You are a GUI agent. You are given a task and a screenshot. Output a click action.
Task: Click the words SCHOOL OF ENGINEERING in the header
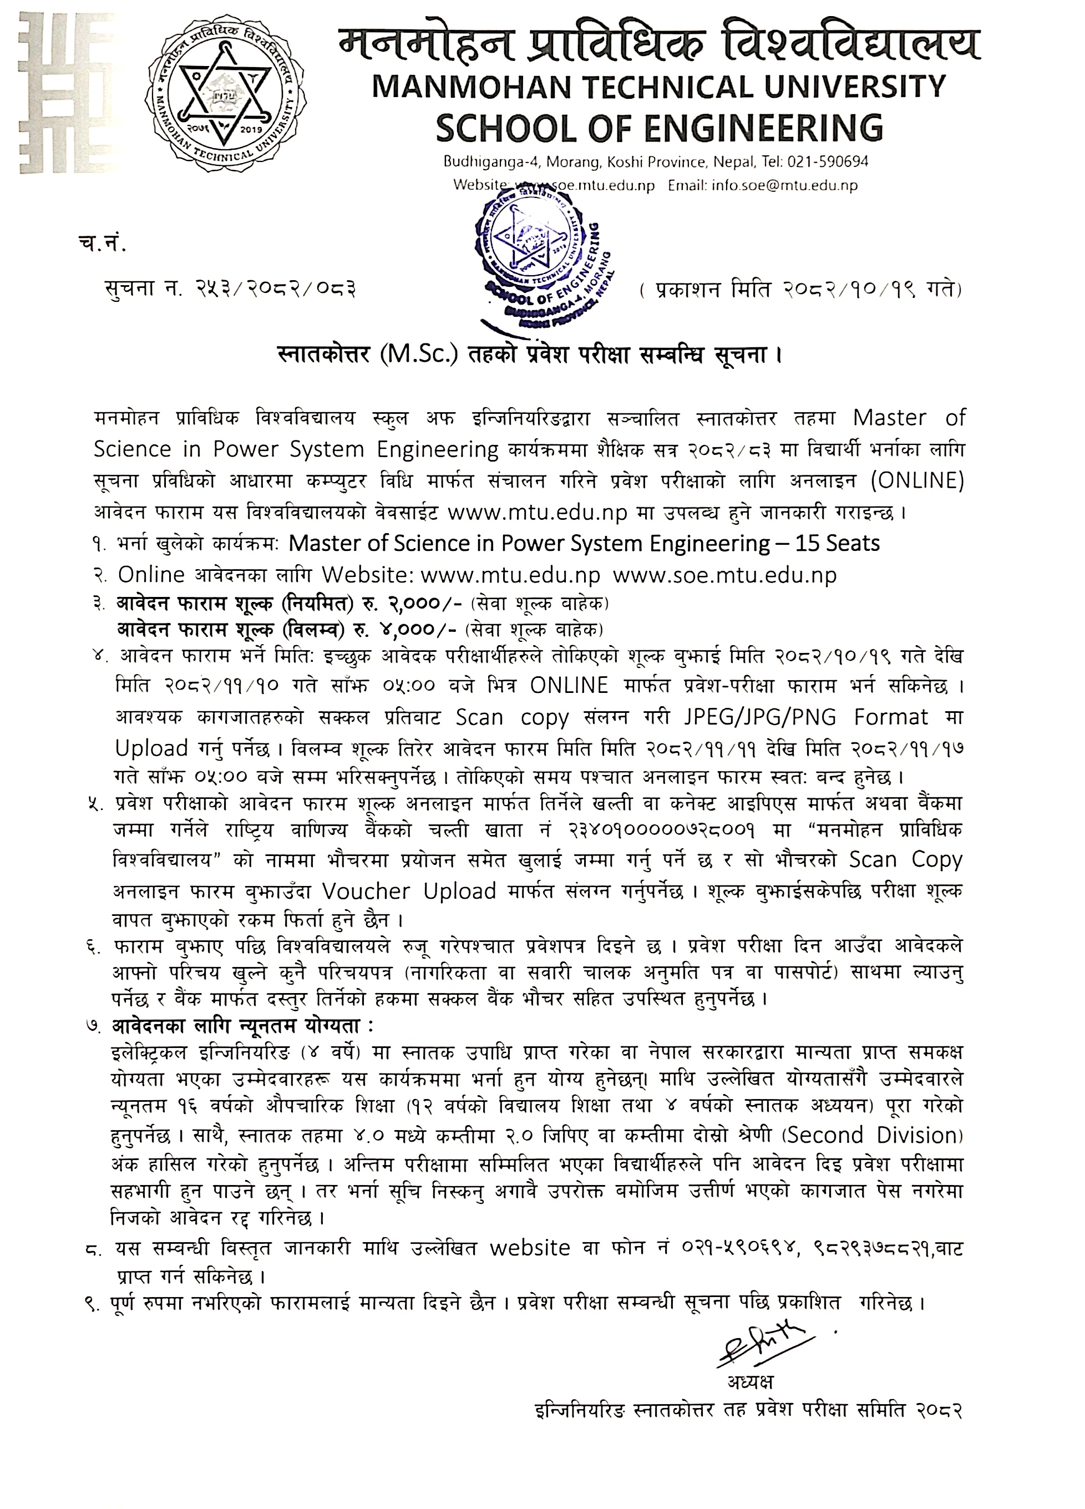(659, 127)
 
